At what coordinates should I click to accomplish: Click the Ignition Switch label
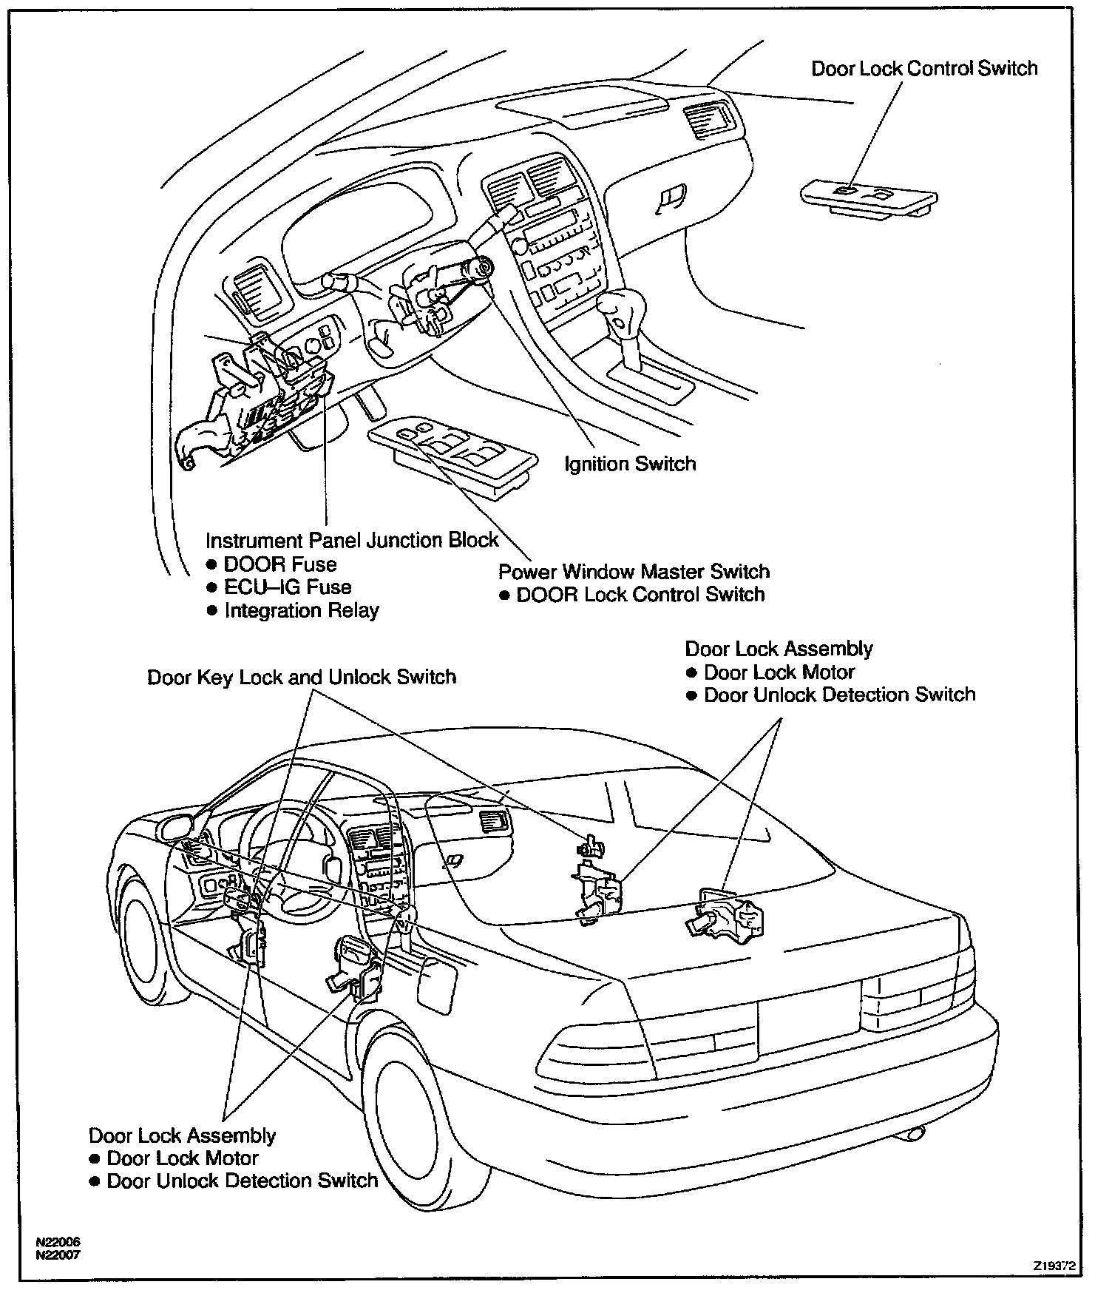[x=630, y=465]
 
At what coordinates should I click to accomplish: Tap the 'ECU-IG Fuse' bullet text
[x=288, y=587]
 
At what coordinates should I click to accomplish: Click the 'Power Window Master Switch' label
[x=634, y=572]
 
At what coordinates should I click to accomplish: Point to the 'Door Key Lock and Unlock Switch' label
[x=302, y=678]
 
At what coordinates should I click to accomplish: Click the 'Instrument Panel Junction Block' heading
[x=352, y=541]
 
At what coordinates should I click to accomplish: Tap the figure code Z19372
[x=1054, y=1266]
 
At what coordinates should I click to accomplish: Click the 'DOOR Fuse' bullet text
[x=280, y=564]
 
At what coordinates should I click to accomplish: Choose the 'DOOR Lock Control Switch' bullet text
[x=640, y=595]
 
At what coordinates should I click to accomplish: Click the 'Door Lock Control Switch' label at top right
[x=924, y=69]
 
